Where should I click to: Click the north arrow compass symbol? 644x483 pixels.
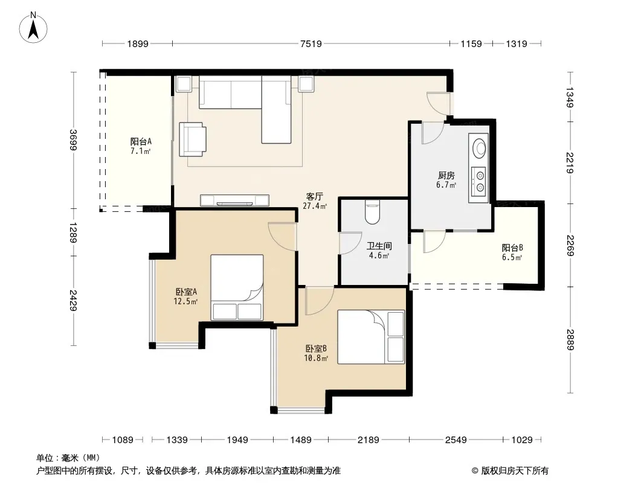click(33, 27)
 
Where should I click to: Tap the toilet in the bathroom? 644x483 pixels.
click(373, 212)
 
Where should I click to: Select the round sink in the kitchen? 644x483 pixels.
click(479, 148)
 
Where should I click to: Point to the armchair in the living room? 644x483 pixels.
click(193, 139)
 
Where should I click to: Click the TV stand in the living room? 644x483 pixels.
click(234, 200)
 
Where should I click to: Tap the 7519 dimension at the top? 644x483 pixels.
click(311, 43)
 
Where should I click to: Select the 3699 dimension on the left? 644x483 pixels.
click(73, 140)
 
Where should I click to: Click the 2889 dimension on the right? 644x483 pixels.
click(570, 340)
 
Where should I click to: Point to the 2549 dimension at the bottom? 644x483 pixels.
click(456, 440)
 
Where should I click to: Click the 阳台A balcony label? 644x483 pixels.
click(141, 141)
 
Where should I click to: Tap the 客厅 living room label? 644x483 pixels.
click(315, 197)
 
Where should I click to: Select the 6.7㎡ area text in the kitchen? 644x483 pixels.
click(446, 185)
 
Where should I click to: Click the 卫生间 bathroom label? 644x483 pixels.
click(379, 246)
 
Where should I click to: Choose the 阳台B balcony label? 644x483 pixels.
click(512, 248)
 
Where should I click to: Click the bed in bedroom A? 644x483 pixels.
click(237, 287)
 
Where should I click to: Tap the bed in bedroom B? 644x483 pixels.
click(371, 337)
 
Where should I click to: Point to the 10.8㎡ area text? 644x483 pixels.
click(316, 358)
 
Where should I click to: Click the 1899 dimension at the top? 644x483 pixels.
click(138, 43)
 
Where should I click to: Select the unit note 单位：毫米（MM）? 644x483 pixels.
click(68, 458)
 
